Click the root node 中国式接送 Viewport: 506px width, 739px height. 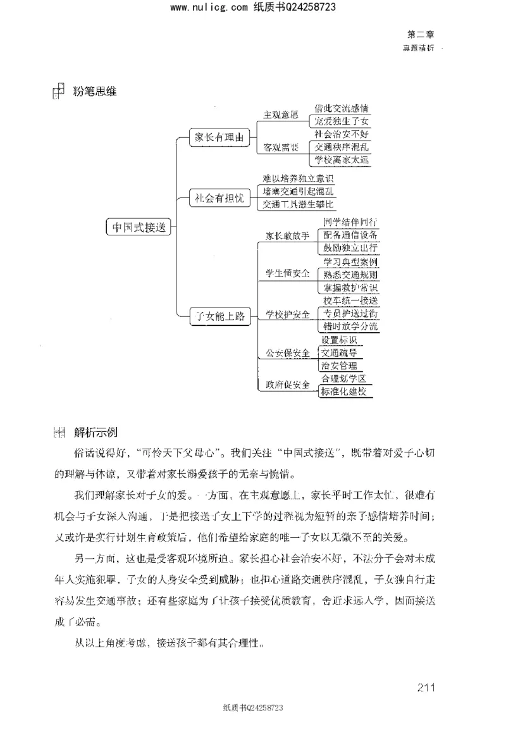pos(139,228)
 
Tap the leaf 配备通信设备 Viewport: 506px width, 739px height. pos(350,235)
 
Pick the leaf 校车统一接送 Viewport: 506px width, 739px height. pos(350,301)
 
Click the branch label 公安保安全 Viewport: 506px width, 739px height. pos(287,353)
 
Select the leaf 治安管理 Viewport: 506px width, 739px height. pos(339,366)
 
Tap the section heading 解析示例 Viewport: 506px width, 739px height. pos(96,433)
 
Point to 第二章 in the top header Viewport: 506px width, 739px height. pos(421,35)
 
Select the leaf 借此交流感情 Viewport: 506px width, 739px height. pos(342,108)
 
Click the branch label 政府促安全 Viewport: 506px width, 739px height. pos(287,385)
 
